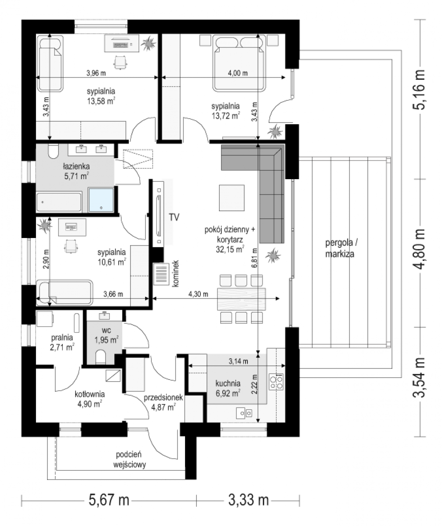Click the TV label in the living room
(174, 217)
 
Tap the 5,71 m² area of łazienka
(76, 176)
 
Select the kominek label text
(175, 273)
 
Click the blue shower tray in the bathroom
(101, 200)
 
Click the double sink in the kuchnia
(244, 413)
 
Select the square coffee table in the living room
(232, 198)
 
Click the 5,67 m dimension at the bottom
(109, 500)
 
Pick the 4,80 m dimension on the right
(420, 249)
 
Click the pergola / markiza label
(341, 248)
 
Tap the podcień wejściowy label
(130, 459)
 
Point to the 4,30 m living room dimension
(198, 294)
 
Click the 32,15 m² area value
(230, 249)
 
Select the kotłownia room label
(90, 394)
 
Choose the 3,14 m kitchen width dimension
(238, 361)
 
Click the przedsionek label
(163, 398)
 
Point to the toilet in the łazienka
(53, 152)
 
